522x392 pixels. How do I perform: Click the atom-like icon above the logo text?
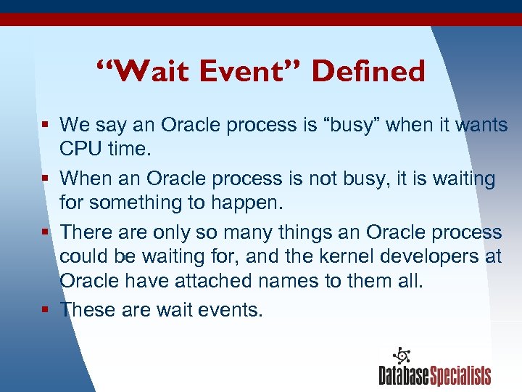pos(402,356)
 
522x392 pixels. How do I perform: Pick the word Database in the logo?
pos(404,375)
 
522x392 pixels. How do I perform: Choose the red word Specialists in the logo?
pos(460,375)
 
